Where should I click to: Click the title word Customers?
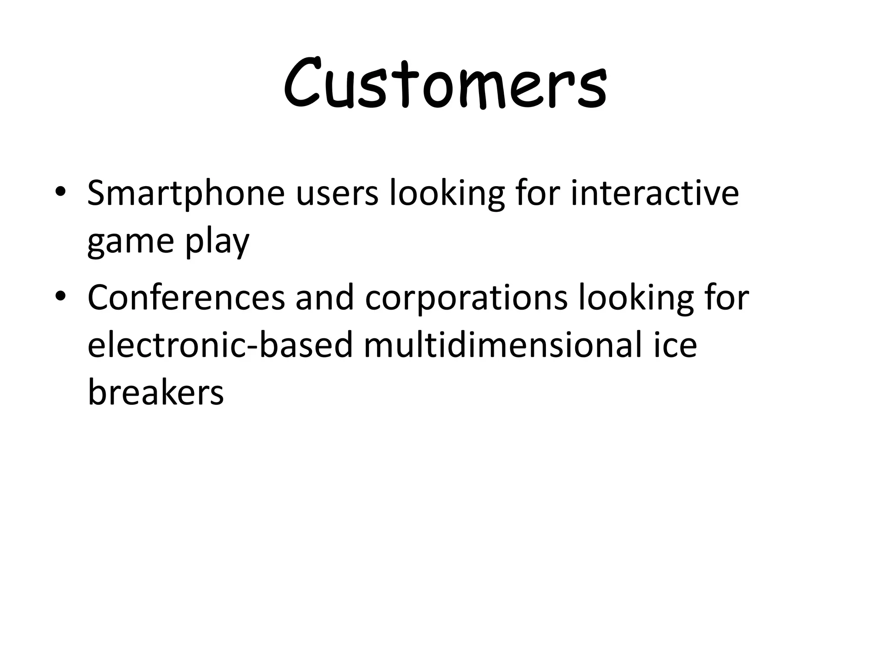coord(445,84)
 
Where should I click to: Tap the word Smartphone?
coord(186,194)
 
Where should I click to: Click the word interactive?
coord(655,193)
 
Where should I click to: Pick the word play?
coord(217,242)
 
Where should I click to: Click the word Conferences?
coord(186,298)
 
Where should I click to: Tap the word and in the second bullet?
coord(325,298)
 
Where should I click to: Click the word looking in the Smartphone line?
coord(447,194)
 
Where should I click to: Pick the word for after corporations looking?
coord(727,298)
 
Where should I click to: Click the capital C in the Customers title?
coord(306,84)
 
